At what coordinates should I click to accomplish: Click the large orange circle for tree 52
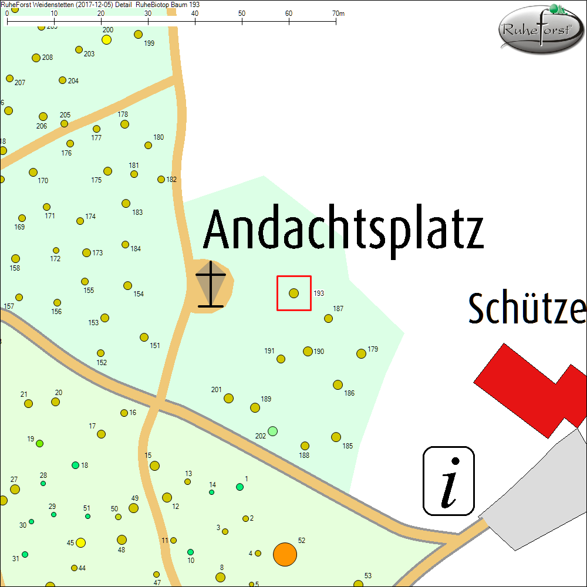click(x=285, y=554)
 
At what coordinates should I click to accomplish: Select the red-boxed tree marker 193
click(x=294, y=293)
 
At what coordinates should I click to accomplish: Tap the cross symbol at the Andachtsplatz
click(x=211, y=284)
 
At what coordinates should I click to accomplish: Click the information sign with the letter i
click(x=448, y=481)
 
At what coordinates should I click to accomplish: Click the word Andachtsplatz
click(x=343, y=231)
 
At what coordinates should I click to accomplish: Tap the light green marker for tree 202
click(x=272, y=431)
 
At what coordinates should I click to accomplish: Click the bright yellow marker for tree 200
click(x=106, y=39)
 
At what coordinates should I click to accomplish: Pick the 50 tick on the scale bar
click(x=242, y=22)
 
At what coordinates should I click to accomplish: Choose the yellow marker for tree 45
click(x=81, y=542)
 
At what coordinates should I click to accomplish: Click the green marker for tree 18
click(x=75, y=465)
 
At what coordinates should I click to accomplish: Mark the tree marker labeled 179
click(x=361, y=353)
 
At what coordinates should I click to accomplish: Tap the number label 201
click(x=216, y=390)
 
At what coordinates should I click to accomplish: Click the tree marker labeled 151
click(x=144, y=338)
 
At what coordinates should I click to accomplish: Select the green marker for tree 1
click(x=239, y=487)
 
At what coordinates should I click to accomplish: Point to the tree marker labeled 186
click(x=338, y=384)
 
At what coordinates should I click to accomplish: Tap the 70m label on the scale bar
click(x=338, y=13)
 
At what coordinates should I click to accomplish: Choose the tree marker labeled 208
click(x=36, y=58)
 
